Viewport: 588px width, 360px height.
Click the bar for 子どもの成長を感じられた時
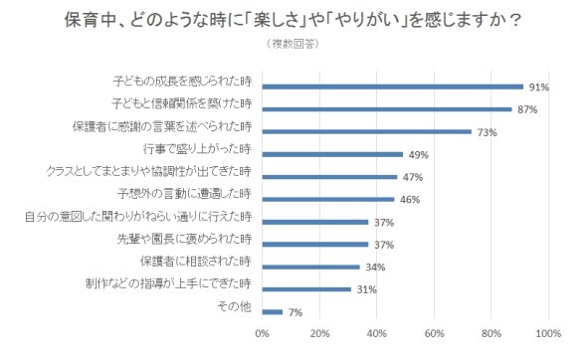(393, 87)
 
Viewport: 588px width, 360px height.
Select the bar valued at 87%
(387, 108)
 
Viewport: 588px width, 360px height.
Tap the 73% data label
(488, 131)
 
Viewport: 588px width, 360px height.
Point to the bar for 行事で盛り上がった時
(332, 154)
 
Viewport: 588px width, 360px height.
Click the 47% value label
(412, 177)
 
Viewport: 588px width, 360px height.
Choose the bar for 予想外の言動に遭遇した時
(328, 199)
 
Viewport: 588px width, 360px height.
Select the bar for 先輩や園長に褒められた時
(315, 244)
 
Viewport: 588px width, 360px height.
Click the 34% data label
(375, 267)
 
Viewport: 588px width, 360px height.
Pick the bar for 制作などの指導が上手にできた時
(306, 289)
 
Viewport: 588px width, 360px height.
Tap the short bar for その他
(273, 311)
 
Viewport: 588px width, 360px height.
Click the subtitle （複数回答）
(294, 44)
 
